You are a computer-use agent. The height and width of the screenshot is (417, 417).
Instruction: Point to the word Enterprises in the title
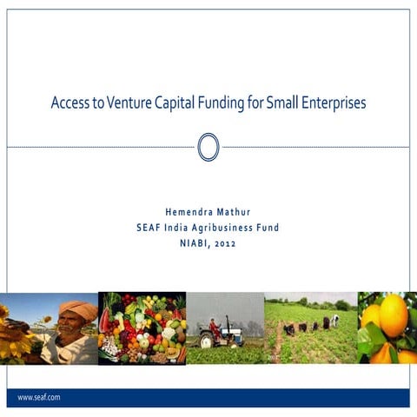[x=331, y=103]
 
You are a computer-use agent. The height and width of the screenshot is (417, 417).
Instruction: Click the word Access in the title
[x=66, y=103]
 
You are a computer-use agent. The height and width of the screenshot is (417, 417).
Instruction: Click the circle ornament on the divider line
[x=208, y=147]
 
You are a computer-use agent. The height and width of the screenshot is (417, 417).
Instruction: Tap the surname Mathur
[x=234, y=211]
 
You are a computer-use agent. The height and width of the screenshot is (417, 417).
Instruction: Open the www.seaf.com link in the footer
[x=38, y=397]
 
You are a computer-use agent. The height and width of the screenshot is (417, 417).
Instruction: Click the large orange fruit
[x=393, y=314]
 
